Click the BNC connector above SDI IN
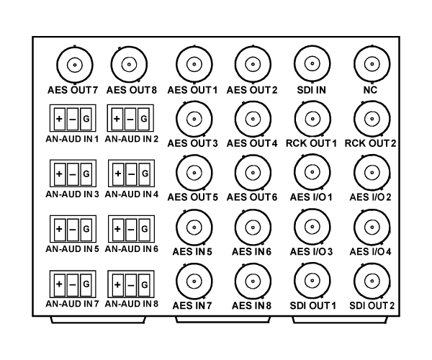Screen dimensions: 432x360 point(312,63)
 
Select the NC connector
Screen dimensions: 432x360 point(372,64)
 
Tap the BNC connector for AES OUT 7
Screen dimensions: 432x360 point(75,65)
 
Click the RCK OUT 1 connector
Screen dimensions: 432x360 point(312,119)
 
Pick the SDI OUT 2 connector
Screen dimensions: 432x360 point(372,282)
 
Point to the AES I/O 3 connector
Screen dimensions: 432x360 point(312,227)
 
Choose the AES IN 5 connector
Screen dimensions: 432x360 point(194,228)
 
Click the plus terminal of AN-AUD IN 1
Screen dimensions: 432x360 point(60,119)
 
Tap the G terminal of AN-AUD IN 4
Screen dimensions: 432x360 point(145,174)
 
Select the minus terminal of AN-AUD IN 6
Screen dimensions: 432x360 point(131,229)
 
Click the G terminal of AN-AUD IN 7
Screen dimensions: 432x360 point(86,284)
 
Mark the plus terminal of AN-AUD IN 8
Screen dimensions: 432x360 point(117,284)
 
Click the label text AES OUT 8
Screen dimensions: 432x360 point(132,90)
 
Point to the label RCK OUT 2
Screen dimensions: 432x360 point(370,143)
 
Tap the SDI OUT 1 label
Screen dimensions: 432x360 point(313,305)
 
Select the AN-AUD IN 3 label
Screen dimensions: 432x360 point(72,194)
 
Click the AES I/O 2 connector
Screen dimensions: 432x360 point(372,173)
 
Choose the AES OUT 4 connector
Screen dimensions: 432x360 point(253,119)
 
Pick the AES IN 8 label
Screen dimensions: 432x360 point(251,305)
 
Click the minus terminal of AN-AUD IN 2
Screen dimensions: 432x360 point(130,119)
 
